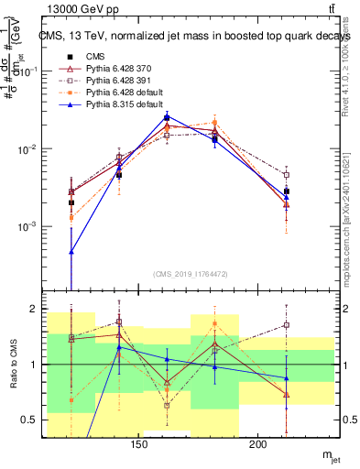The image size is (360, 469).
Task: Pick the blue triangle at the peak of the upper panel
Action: [x=167, y=117]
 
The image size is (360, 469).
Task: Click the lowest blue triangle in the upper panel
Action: [x=71, y=251]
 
